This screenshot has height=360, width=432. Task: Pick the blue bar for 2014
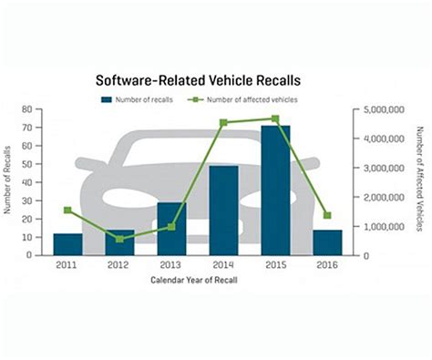(x=223, y=211)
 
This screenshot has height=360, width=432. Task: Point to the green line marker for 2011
(x=67, y=211)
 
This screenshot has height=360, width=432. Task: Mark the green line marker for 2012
(x=119, y=239)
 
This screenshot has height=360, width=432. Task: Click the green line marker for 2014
(x=223, y=122)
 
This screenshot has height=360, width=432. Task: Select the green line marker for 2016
(x=327, y=215)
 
